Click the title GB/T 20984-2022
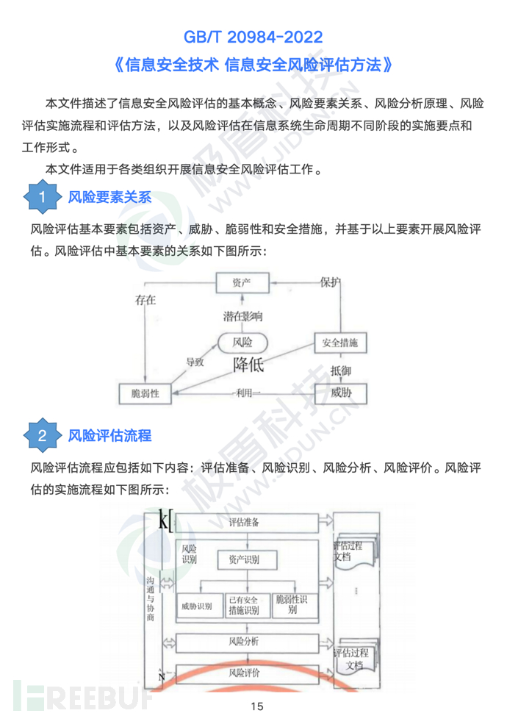[253, 36]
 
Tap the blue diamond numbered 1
[43, 197]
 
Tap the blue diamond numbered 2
[43, 435]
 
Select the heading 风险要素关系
[109, 197]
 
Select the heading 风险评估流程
[109, 435]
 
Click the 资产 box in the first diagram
[242, 283]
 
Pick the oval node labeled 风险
[242, 342]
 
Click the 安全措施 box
[340, 343]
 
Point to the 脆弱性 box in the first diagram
[149, 393]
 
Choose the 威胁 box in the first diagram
[340, 393]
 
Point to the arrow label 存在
[145, 300]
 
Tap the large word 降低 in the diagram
[248, 364]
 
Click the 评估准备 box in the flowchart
[244, 522]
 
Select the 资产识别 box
[239, 560]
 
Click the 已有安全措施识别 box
[247, 605]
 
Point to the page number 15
[256, 705]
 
